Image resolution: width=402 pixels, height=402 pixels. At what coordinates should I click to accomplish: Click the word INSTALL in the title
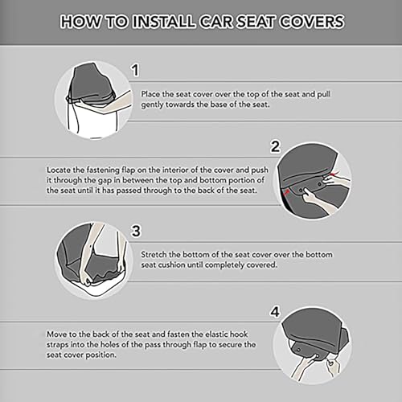(x=164, y=22)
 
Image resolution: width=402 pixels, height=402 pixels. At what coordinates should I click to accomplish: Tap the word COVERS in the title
(x=312, y=22)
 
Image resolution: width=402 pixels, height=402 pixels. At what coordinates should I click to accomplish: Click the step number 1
(x=135, y=70)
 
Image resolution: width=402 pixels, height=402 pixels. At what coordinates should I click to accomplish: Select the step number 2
(x=275, y=146)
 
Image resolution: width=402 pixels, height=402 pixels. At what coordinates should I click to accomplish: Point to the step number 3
(x=136, y=231)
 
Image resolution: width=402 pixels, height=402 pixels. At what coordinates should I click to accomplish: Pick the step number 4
(x=275, y=312)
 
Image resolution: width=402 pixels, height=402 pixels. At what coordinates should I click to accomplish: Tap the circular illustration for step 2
(x=313, y=181)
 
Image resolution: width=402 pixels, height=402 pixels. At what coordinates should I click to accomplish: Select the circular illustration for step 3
(x=93, y=260)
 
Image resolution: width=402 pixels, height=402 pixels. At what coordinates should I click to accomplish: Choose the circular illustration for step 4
(x=313, y=345)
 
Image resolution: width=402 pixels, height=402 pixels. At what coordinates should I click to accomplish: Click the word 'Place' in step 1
(x=150, y=94)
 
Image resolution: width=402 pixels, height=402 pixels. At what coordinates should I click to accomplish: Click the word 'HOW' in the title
(x=80, y=22)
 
